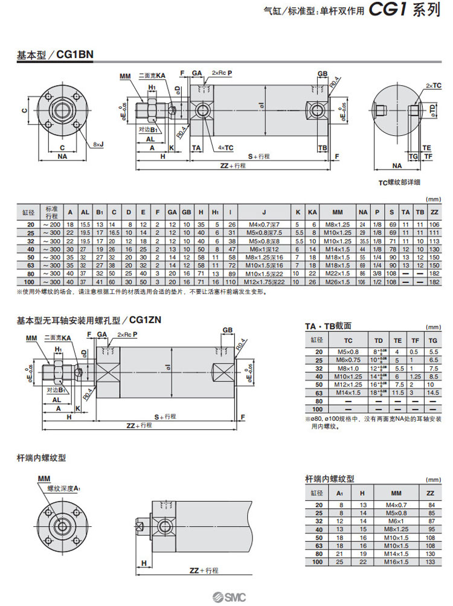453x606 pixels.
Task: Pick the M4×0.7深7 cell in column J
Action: [264, 224]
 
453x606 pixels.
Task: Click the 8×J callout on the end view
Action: [98, 144]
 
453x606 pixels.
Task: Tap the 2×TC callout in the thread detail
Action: [433, 86]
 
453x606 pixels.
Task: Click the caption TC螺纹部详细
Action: [399, 182]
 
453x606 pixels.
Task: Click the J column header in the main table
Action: [264, 212]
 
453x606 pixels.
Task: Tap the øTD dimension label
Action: [433, 109]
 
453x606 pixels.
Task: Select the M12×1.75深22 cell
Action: [264, 282]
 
